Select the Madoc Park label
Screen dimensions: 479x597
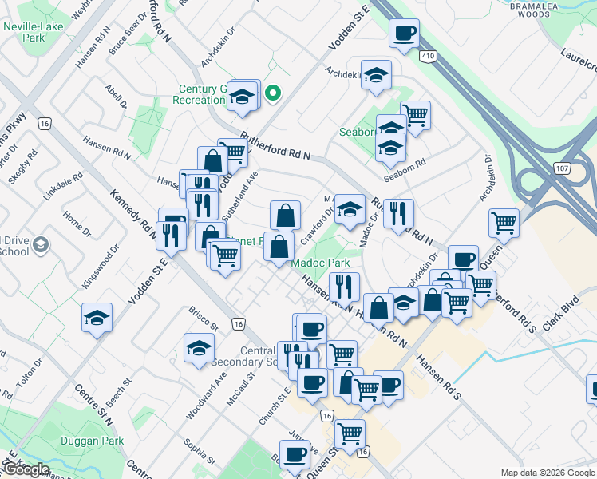318,263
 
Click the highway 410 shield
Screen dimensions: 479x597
428,55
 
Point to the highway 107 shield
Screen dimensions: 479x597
564,168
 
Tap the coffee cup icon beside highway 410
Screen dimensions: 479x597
404,34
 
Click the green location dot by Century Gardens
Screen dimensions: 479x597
272,94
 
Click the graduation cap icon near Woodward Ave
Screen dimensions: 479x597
199,347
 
